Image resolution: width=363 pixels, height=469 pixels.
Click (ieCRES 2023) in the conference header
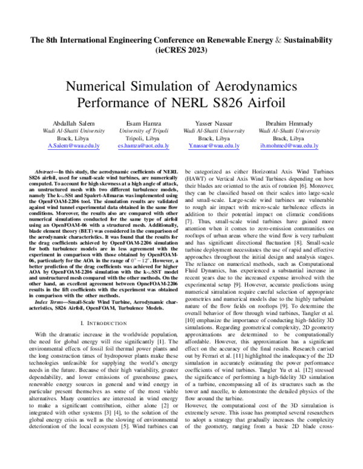click(x=181, y=51)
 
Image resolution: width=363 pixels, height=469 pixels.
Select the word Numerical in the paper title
click(x=99, y=86)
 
